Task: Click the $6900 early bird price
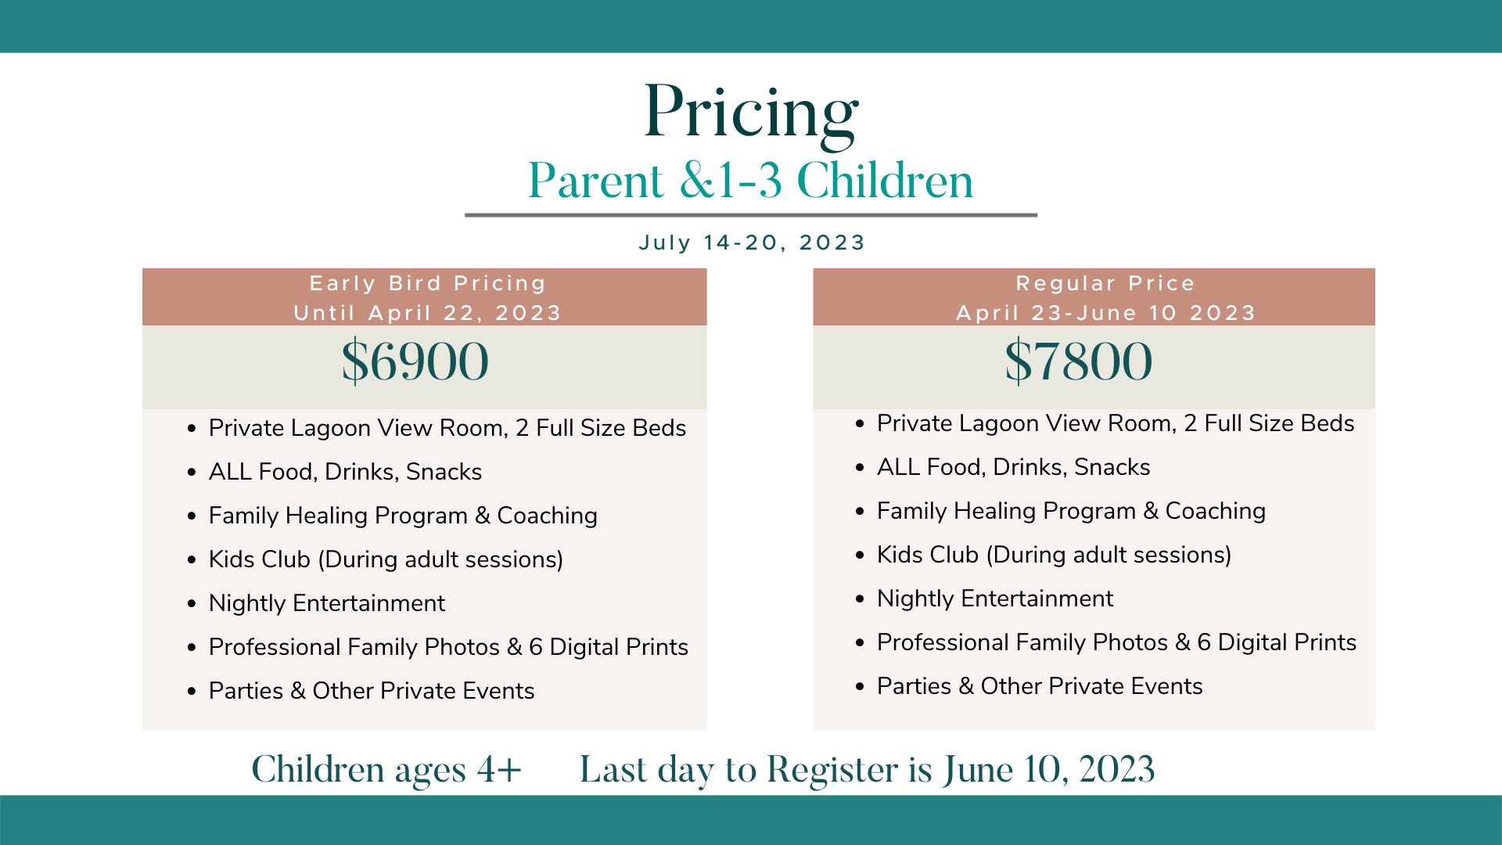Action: [x=415, y=361]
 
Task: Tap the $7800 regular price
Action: [x=1079, y=361]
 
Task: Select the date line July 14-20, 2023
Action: [x=752, y=243]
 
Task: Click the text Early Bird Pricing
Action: [x=428, y=283]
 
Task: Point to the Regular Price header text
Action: [x=1105, y=283]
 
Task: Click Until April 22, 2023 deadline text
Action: [x=428, y=313]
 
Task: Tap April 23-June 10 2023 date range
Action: [x=1105, y=313]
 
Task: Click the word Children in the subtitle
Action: [x=885, y=181]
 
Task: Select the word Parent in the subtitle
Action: [x=596, y=181]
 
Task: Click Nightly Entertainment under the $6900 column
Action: [x=326, y=603]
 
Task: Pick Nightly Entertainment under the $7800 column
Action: [x=994, y=599]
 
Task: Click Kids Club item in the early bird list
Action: [x=386, y=559]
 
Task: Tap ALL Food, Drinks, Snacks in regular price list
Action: [x=1013, y=467]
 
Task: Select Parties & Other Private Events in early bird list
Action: [x=372, y=691]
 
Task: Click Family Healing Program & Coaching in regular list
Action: [x=1071, y=511]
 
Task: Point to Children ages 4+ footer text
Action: [x=386, y=770]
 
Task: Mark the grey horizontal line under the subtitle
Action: [x=751, y=214]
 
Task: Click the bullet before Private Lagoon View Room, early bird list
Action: [x=192, y=429]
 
